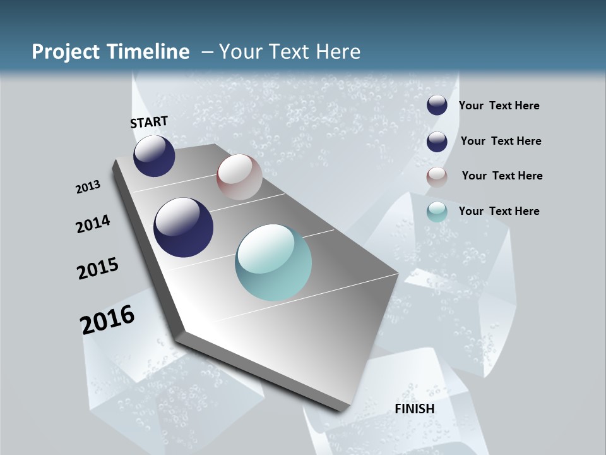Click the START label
click(149, 121)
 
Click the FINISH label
click(415, 409)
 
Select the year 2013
click(88, 187)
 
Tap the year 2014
click(93, 224)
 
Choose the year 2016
click(107, 320)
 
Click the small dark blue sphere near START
click(154, 155)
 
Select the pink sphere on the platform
click(239, 177)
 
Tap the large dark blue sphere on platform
click(184, 227)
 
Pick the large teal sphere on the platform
click(273, 262)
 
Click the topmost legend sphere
click(437, 106)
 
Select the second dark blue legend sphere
click(437, 142)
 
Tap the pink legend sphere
click(437, 176)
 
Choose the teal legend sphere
click(437, 212)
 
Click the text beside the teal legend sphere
click(499, 211)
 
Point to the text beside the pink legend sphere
click(502, 176)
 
